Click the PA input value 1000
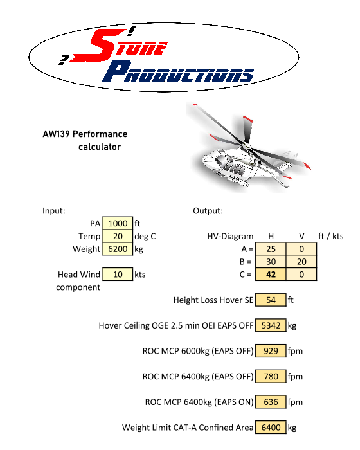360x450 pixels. (x=118, y=223)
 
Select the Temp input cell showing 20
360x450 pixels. (x=118, y=236)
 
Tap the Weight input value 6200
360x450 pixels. (x=118, y=249)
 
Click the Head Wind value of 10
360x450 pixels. (x=118, y=274)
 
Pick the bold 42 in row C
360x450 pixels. (x=271, y=274)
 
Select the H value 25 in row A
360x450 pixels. (x=271, y=249)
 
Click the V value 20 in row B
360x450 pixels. (x=301, y=262)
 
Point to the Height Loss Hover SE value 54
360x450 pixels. (x=271, y=300)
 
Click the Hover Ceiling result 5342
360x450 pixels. (x=271, y=325)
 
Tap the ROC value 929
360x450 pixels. (x=271, y=351)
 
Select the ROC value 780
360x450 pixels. (x=271, y=377)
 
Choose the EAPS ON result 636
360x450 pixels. (x=271, y=402)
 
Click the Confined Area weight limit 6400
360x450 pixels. (x=271, y=428)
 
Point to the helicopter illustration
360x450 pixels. (x=249, y=147)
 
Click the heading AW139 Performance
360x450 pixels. (x=85, y=134)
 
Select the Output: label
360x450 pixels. (x=208, y=211)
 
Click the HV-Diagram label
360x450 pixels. (x=230, y=236)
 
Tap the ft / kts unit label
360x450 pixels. (x=330, y=236)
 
